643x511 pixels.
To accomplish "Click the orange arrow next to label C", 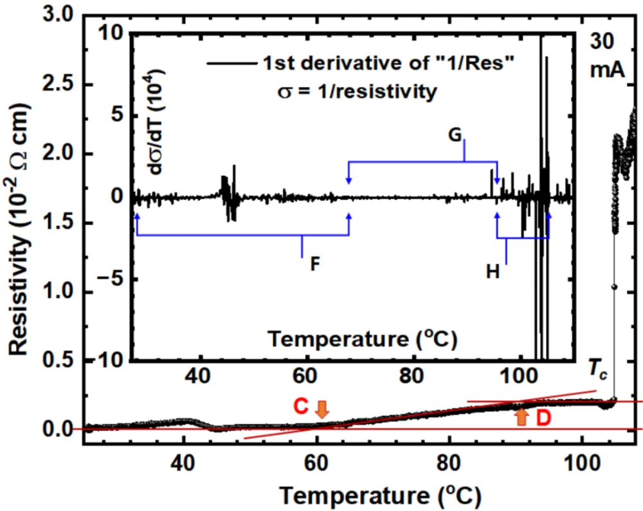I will pyautogui.click(x=322, y=407).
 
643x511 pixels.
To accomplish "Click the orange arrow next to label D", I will pyautogui.click(x=521, y=416).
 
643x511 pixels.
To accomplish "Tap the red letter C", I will pyautogui.click(x=301, y=407).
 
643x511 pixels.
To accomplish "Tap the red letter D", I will pyautogui.click(x=544, y=419).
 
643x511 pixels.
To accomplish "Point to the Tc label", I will pyautogui.click(x=598, y=372).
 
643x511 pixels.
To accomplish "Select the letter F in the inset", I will pyautogui.click(x=316, y=265).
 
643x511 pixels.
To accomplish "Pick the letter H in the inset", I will pyautogui.click(x=493, y=273).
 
